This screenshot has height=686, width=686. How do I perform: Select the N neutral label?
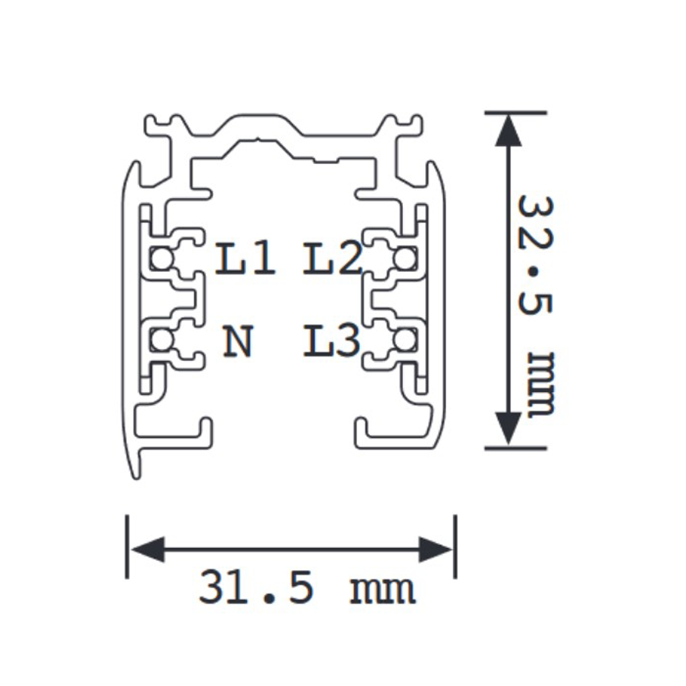click(239, 342)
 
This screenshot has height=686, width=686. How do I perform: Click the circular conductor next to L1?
click(160, 256)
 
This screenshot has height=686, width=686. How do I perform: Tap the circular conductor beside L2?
click(403, 256)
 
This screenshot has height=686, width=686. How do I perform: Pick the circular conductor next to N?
click(160, 341)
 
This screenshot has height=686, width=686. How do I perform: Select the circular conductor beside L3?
click(403, 341)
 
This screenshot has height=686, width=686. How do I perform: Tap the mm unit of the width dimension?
click(382, 590)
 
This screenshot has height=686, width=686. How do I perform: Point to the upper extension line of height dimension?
click(514, 112)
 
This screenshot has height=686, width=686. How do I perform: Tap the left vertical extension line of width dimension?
click(128, 547)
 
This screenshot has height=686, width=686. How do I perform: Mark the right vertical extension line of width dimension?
click(454, 547)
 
